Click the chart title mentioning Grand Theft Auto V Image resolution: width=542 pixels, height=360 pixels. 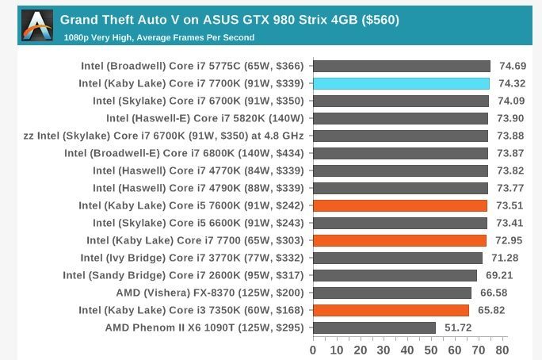[x=230, y=19]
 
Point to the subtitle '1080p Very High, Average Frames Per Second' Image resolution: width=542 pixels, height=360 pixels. [x=159, y=37]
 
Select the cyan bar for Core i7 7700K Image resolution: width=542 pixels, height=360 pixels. [x=401, y=83]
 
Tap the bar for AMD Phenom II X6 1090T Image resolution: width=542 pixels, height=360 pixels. [x=374, y=327]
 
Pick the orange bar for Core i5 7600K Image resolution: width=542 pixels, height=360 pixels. [x=400, y=205]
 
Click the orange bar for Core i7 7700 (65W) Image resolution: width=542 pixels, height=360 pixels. [x=399, y=240]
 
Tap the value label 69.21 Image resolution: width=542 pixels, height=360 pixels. [x=500, y=275]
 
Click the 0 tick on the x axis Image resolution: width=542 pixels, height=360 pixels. [x=313, y=350]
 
